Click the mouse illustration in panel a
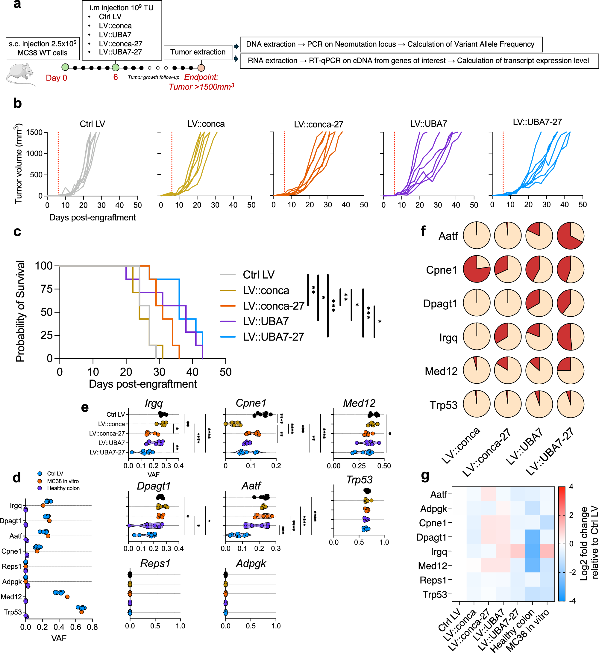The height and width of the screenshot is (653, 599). (x=20, y=74)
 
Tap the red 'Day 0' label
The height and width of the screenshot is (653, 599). (x=56, y=78)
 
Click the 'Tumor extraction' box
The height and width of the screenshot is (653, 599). (x=198, y=52)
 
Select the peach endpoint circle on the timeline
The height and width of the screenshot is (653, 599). (x=201, y=68)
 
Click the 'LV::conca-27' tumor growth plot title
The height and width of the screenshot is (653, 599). (x=318, y=124)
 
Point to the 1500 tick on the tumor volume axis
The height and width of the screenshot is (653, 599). (x=34, y=132)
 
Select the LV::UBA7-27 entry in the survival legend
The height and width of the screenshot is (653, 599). (x=273, y=337)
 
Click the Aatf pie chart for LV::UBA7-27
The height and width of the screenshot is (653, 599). (x=570, y=236)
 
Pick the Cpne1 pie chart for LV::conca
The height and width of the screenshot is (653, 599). (x=477, y=269)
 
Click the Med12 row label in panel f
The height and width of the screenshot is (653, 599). (x=441, y=371)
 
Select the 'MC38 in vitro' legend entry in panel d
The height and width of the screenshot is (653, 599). (x=63, y=481)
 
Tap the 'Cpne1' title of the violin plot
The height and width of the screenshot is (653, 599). (x=251, y=403)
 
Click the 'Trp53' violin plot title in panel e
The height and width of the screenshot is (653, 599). (x=359, y=480)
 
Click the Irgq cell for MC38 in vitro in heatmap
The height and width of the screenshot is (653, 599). (x=547, y=551)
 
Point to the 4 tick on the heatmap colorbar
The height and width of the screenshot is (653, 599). (x=571, y=486)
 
